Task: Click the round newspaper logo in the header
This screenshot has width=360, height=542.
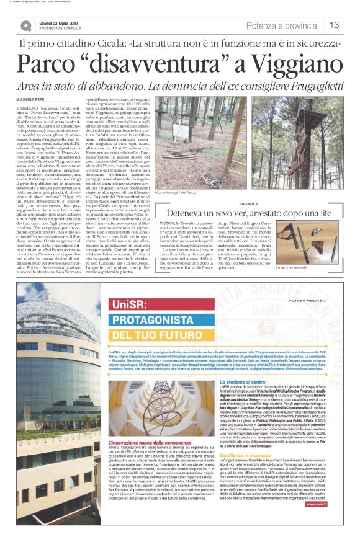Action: pyautogui.click(x=25, y=25)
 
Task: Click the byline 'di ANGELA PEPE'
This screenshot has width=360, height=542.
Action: pyautogui.click(x=35, y=99)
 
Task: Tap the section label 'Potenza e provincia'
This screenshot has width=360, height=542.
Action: pyautogui.click(x=282, y=25)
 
